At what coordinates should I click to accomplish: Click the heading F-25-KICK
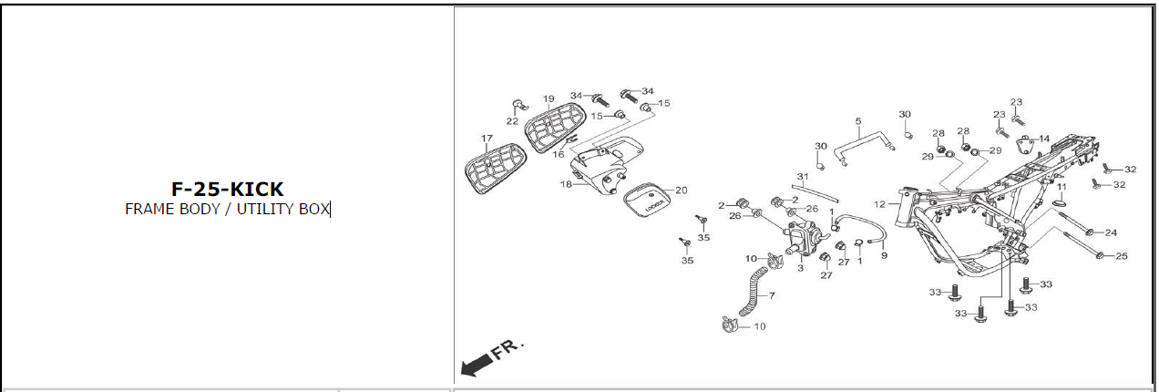point(228,190)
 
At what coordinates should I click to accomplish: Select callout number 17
point(487,139)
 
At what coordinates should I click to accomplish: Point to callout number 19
point(549,99)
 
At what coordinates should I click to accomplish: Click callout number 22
point(512,121)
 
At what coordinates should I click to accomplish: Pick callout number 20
point(681,191)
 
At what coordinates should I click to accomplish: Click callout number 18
point(565,184)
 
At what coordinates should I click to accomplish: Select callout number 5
point(857,121)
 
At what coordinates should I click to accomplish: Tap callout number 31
point(802,177)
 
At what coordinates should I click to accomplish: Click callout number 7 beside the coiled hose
point(772,296)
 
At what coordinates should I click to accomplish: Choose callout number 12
point(879,204)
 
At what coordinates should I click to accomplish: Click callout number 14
point(1044,139)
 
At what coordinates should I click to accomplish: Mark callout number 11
point(1062,187)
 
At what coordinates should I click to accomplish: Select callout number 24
point(1111,232)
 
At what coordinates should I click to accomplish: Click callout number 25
point(1122,256)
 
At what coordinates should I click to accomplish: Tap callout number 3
point(799,268)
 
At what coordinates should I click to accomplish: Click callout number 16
point(558,154)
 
